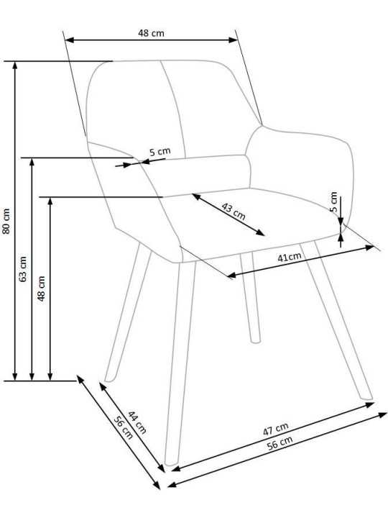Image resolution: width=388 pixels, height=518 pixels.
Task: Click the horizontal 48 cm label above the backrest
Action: [151, 33]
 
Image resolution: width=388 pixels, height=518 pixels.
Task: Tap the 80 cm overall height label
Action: [6, 221]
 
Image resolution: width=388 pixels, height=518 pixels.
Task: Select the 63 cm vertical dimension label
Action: [24, 269]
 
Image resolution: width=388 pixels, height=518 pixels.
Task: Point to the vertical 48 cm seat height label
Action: [41, 288]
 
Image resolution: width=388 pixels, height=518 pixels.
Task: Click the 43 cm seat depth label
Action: [234, 212]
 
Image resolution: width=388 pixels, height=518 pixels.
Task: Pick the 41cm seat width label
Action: [290, 257]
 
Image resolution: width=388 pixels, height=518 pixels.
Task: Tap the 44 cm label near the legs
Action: [137, 422]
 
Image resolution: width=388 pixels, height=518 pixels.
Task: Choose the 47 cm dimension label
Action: [275, 429]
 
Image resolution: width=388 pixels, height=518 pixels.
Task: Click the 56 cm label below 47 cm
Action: [280, 442]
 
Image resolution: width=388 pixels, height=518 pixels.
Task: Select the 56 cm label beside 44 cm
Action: [124, 427]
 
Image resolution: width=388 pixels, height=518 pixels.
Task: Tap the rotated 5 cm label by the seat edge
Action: [333, 201]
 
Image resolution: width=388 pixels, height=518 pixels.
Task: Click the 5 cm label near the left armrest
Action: [160, 152]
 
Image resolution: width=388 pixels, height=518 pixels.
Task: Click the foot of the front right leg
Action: [366, 396]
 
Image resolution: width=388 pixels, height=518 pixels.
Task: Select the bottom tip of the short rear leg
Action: [255, 341]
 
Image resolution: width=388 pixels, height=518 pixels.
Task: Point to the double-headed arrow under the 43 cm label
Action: [228, 214]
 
